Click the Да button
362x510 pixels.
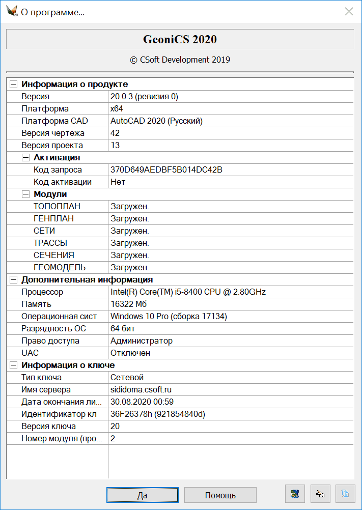pos(143,495)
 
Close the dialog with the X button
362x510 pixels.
pos(349,12)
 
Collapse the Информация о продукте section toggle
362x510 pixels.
pos(14,84)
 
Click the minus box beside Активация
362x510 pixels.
pos(26,158)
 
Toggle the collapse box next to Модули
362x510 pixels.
pos(26,194)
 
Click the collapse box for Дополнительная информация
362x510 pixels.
pos(14,280)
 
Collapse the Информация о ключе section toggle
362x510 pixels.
pos(14,365)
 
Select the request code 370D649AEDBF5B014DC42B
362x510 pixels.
pos(166,170)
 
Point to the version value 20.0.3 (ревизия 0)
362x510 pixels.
pos(144,97)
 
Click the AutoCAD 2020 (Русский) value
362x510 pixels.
pos(157,121)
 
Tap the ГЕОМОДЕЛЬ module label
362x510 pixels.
pos(60,268)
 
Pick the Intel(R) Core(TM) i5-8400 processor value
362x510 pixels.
pos(188,292)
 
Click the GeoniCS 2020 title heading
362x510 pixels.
pos(180,40)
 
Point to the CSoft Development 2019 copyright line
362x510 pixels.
pos(180,60)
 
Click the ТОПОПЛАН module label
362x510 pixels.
pos(57,207)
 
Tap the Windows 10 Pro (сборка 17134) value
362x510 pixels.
pos(169,317)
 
